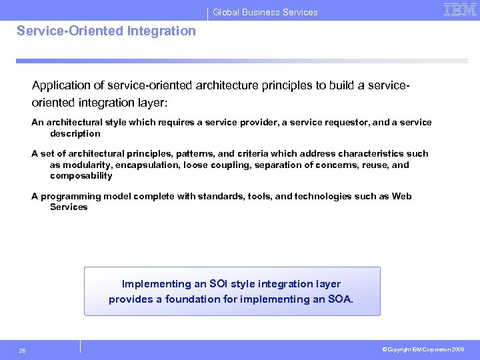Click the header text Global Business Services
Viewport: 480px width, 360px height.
click(265, 12)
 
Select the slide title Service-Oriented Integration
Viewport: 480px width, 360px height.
click(107, 31)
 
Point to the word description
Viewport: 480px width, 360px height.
click(75, 133)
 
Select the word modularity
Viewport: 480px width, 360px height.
click(72, 165)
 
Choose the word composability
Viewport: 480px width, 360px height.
click(81, 176)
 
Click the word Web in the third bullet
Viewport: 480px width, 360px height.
click(401, 196)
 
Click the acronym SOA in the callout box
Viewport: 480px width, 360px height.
click(341, 299)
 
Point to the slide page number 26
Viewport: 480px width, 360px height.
click(23, 349)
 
